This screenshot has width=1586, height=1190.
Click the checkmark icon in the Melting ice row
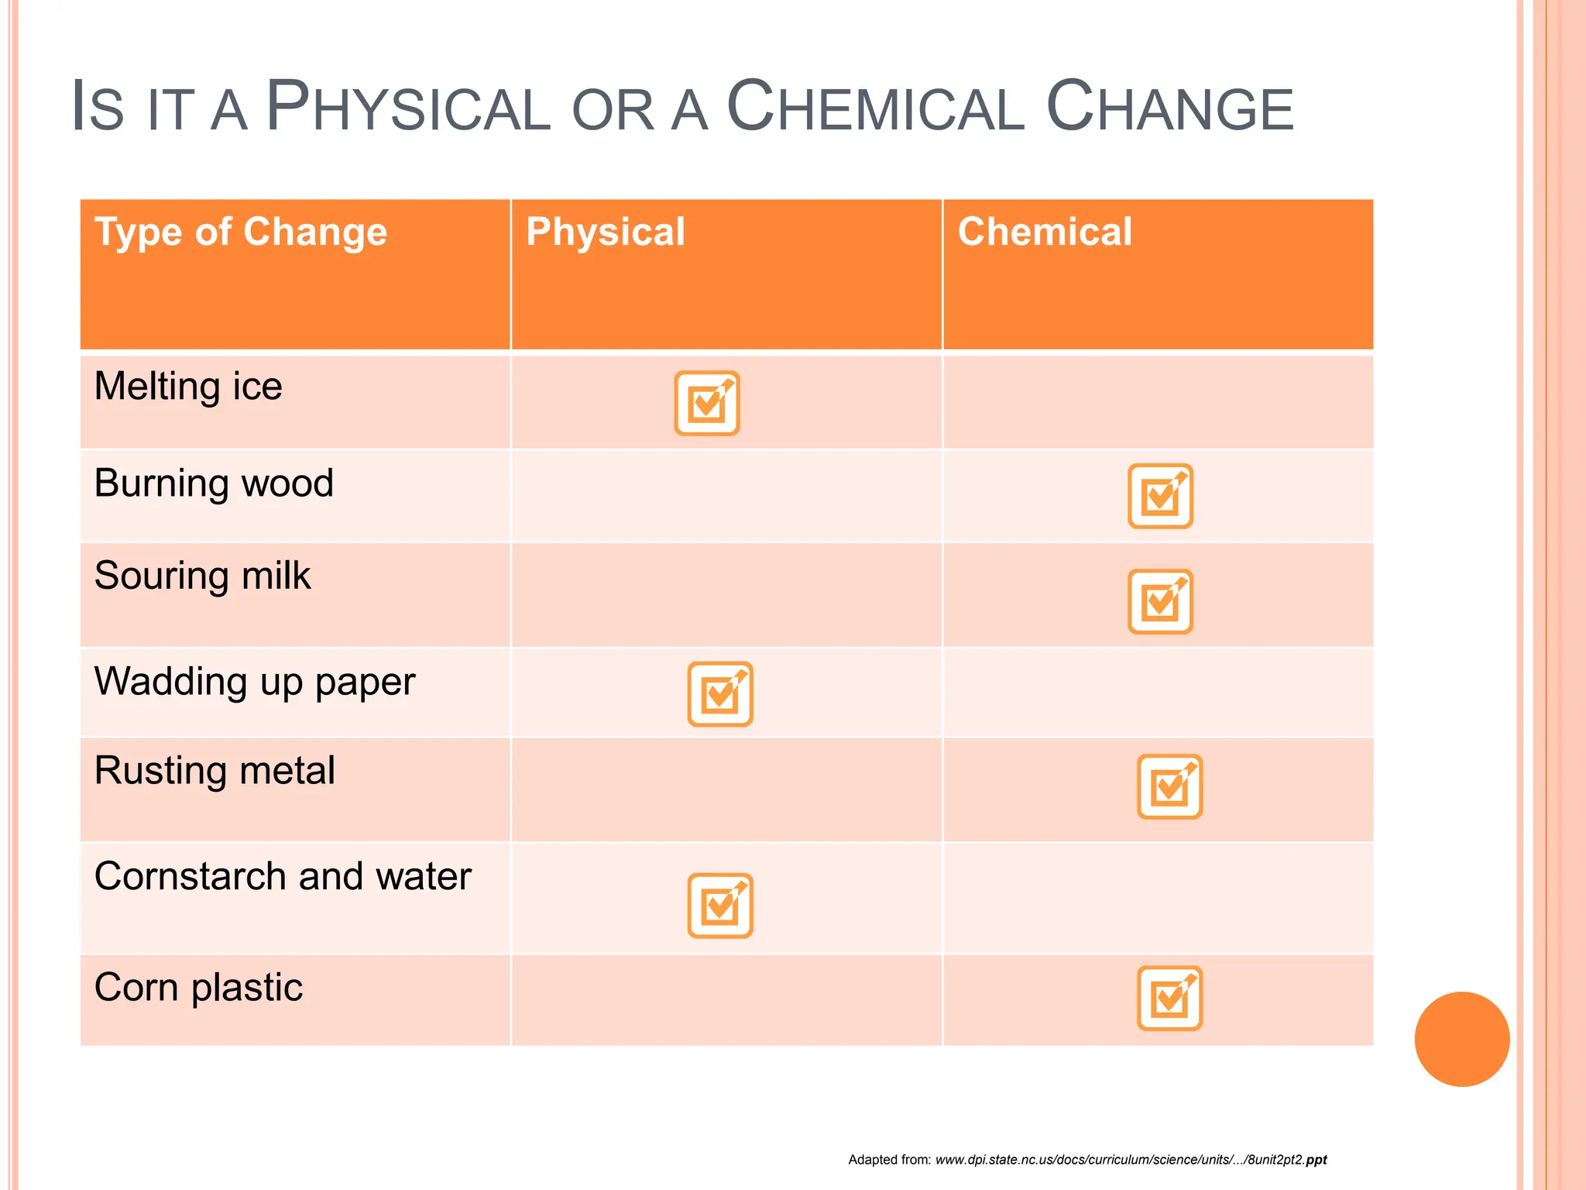click(x=707, y=403)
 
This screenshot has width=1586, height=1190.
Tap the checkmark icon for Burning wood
click(x=1160, y=496)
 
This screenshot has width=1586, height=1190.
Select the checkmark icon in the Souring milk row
click(x=1160, y=601)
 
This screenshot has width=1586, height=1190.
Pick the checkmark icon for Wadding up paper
click(x=720, y=693)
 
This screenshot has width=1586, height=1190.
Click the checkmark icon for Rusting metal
click(x=1169, y=786)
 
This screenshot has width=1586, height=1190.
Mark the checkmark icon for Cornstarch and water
click(x=720, y=906)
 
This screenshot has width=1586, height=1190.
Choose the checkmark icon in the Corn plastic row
click(x=1169, y=998)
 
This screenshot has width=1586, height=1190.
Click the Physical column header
click(x=606, y=232)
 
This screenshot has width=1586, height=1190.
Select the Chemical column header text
click(x=1045, y=232)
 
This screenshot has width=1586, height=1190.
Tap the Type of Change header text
click(x=241, y=232)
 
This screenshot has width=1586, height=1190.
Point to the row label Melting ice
click(x=188, y=387)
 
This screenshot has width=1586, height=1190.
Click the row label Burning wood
click(x=214, y=483)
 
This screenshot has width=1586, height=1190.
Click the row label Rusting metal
click(x=215, y=771)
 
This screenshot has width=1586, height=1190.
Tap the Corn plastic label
click(x=198, y=988)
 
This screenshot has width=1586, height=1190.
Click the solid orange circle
click(x=1461, y=1039)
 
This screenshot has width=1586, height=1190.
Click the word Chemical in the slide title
click(x=875, y=108)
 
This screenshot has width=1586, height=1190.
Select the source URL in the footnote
click(x=1131, y=1160)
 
